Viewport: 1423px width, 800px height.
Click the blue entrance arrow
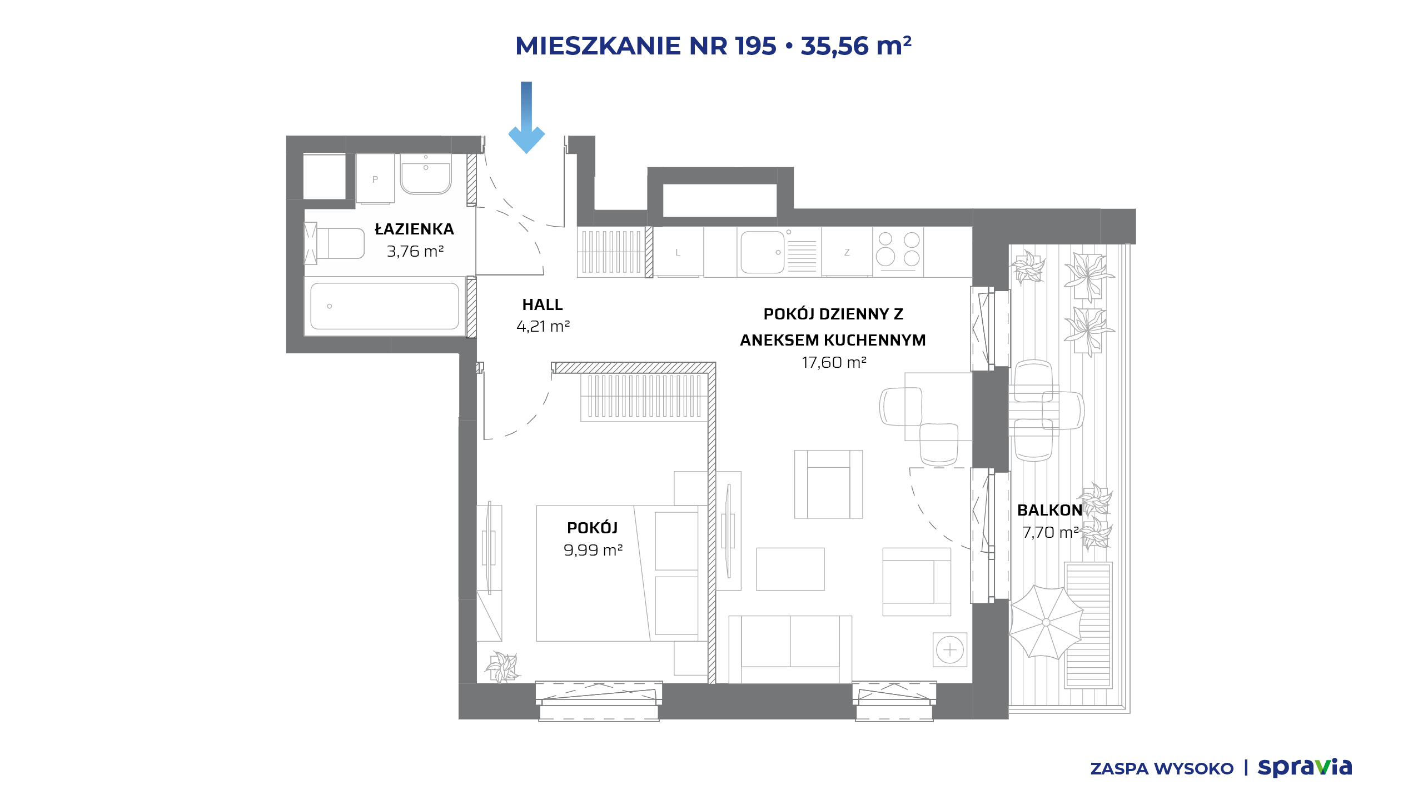click(526, 117)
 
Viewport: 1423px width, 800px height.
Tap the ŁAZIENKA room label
click(414, 229)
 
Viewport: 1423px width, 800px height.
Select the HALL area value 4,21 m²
click(543, 326)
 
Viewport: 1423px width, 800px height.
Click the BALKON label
click(1049, 510)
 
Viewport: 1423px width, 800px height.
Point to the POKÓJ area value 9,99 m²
click(593, 550)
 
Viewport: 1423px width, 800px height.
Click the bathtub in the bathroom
click(385, 306)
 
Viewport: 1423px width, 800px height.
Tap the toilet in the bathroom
click(334, 243)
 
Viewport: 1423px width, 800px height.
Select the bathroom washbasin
click(426, 174)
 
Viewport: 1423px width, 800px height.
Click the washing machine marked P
click(375, 179)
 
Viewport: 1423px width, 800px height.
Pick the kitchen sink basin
click(762, 252)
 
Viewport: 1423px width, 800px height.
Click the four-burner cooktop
click(898, 252)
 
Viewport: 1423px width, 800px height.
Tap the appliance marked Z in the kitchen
click(847, 252)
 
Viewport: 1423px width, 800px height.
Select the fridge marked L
click(678, 252)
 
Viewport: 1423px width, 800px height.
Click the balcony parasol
click(1046, 622)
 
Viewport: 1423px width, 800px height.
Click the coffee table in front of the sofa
click(790, 569)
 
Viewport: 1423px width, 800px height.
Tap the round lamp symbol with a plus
click(950, 649)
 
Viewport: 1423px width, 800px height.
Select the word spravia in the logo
click(1305, 767)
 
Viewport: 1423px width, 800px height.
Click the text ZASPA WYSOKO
click(1162, 769)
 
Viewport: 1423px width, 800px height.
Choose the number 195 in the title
click(755, 46)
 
